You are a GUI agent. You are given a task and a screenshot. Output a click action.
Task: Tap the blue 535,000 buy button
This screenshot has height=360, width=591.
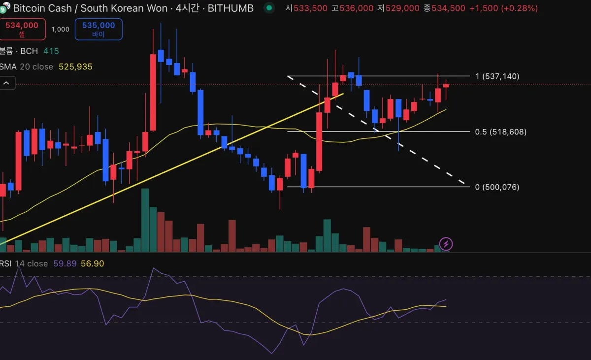point(98,29)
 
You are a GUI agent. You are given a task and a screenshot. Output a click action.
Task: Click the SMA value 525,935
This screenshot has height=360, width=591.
point(75,66)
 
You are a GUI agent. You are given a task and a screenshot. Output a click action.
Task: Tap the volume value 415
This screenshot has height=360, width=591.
point(51,51)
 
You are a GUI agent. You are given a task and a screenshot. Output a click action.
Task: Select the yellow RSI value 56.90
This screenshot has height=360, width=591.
point(93,263)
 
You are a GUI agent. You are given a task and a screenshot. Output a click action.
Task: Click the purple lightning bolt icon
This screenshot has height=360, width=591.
point(446,243)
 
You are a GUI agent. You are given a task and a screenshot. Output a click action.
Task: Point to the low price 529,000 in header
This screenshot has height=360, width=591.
point(401,8)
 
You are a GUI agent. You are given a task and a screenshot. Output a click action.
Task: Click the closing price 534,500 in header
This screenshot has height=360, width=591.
point(448,8)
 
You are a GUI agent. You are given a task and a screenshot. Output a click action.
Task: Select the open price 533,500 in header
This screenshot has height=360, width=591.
point(310,8)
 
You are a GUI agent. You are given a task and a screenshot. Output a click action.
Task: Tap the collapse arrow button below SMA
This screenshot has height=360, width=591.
point(7,83)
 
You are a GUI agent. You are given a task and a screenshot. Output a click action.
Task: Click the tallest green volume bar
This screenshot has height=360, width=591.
point(145,220)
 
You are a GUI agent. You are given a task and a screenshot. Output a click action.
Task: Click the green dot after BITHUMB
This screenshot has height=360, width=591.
point(268,8)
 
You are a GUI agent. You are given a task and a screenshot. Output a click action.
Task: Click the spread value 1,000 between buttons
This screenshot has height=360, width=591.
point(60,29)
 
